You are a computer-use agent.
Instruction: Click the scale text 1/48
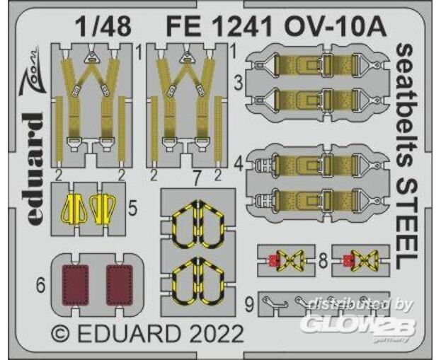103,26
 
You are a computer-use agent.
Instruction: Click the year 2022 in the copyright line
214,333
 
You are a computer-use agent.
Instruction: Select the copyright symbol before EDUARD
61,334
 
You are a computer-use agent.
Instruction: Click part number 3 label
239,83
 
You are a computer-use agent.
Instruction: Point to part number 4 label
239,165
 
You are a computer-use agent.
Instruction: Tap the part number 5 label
133,209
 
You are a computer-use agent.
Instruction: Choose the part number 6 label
41,286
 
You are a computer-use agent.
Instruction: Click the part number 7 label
197,178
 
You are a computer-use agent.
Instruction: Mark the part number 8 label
323,261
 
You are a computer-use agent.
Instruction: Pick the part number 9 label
249,305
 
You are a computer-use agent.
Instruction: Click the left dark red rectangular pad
75,285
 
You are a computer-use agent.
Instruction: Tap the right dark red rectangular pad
119,285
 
